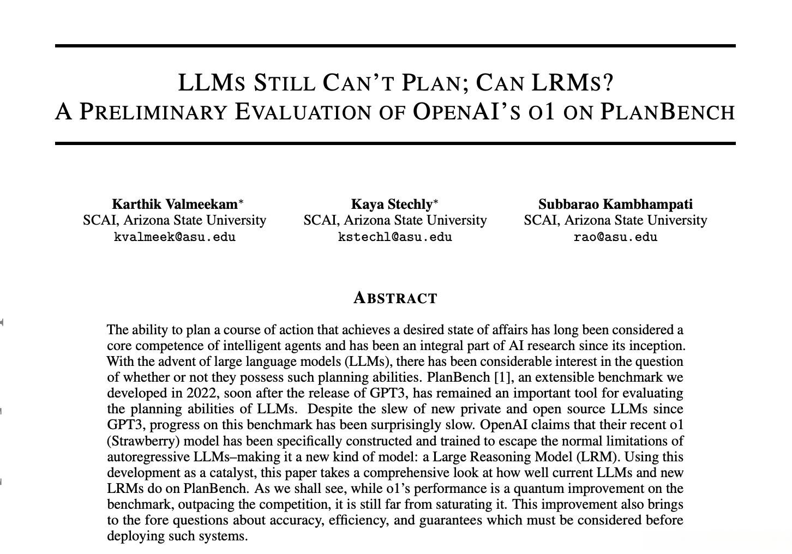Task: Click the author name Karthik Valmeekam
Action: point(175,204)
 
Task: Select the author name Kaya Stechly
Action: point(391,204)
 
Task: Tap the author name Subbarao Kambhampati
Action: point(615,204)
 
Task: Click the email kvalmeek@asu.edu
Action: point(175,237)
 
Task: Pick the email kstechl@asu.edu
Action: point(395,237)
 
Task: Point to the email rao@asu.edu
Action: point(615,237)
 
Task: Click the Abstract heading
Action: point(395,298)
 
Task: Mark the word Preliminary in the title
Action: point(153,111)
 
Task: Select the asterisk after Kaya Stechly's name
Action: point(436,202)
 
